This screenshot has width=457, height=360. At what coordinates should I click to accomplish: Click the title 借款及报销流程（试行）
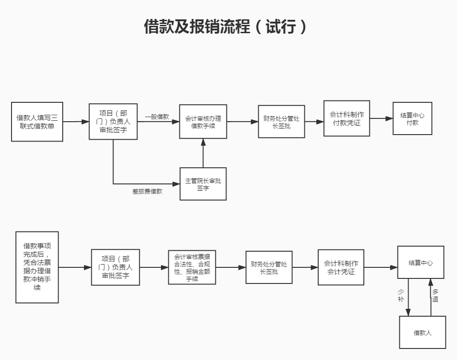point(226,27)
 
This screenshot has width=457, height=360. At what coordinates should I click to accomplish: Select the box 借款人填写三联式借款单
point(37,122)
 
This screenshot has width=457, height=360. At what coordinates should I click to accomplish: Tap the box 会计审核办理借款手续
point(203,122)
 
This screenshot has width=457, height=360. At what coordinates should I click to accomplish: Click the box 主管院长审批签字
point(203,184)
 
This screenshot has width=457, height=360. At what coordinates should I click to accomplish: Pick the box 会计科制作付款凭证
point(347,118)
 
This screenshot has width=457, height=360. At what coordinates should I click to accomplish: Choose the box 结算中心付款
point(412,118)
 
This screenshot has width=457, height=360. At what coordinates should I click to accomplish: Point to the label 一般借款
point(157,117)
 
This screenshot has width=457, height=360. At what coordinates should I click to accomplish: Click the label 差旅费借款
point(147,191)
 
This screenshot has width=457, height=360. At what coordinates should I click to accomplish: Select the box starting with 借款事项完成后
point(37,267)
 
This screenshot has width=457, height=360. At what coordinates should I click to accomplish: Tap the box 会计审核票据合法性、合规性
point(192,267)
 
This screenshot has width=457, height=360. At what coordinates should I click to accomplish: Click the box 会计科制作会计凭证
point(341,267)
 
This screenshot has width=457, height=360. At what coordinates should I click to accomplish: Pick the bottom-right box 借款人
point(422,332)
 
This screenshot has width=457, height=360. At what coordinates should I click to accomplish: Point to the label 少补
point(400,295)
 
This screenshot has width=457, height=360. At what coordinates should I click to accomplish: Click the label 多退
point(435,295)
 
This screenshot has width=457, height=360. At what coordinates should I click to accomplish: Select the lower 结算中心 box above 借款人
point(421,262)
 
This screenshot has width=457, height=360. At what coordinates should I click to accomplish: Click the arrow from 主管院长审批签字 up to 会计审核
point(203,153)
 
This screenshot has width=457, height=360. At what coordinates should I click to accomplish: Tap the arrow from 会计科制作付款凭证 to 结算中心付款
point(381,118)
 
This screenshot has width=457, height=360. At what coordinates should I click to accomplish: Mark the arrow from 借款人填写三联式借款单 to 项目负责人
point(76,122)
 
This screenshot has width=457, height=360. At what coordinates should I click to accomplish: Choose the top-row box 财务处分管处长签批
point(281,122)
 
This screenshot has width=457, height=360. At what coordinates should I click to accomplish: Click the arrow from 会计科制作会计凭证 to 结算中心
point(381,267)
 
